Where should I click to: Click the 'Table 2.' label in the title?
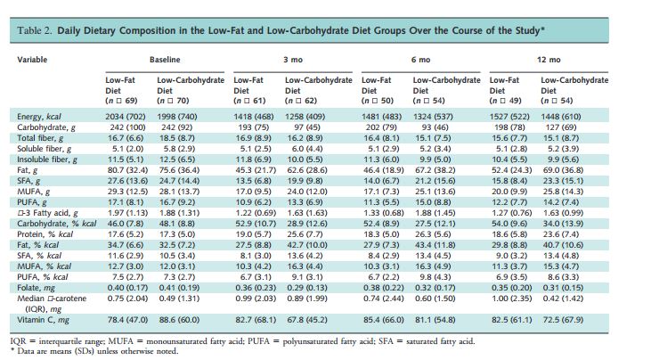[35, 30]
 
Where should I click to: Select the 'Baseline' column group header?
[165, 60]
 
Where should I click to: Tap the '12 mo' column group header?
[549, 60]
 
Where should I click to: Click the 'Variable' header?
[32, 60]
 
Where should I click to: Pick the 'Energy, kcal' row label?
[39, 117]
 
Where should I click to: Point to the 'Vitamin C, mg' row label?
[43, 320]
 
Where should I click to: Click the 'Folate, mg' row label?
[37, 288]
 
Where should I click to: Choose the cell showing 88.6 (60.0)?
[179, 320]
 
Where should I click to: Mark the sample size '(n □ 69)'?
[121, 101]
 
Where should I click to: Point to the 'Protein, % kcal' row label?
[45, 234]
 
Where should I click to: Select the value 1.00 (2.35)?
[510, 299]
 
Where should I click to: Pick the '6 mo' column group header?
[420, 60]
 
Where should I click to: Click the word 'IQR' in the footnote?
[18, 341]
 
